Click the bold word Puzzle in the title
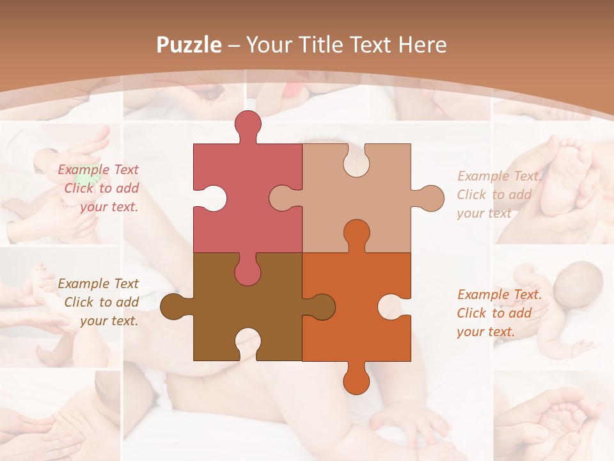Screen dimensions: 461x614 pyautogui.click(x=189, y=45)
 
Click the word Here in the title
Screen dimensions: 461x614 pyautogui.click(x=422, y=45)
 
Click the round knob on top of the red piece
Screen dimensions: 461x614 pyautogui.click(x=248, y=124)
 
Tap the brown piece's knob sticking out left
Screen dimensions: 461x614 pyautogui.click(x=173, y=307)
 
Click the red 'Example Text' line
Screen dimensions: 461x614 pyautogui.click(x=98, y=170)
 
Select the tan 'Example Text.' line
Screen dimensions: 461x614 pyautogui.click(x=499, y=176)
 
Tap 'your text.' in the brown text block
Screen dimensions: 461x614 pyautogui.click(x=109, y=321)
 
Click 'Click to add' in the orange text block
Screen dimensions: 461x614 pyautogui.click(x=494, y=313)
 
